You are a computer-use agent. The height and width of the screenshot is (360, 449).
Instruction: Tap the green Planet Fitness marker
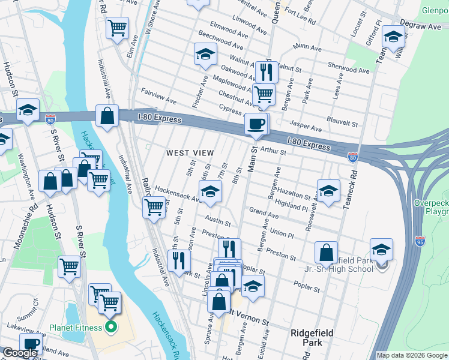[x=110, y=328]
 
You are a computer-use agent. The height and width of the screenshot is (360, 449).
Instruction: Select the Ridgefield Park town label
[x=311, y=338]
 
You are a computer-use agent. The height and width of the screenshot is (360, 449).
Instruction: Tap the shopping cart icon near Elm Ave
[x=117, y=27]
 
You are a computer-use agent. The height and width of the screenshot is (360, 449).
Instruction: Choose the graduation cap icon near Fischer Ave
[x=205, y=55]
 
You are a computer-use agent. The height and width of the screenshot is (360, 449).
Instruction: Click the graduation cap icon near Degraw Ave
[x=393, y=37]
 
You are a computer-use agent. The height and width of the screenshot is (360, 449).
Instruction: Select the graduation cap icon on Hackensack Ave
[x=210, y=192]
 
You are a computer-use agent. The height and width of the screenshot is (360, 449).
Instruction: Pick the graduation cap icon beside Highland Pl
[x=328, y=191]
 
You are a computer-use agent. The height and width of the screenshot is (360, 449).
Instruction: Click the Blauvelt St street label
[x=341, y=119]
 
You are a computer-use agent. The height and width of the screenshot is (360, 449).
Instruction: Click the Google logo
[x=20, y=353]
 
